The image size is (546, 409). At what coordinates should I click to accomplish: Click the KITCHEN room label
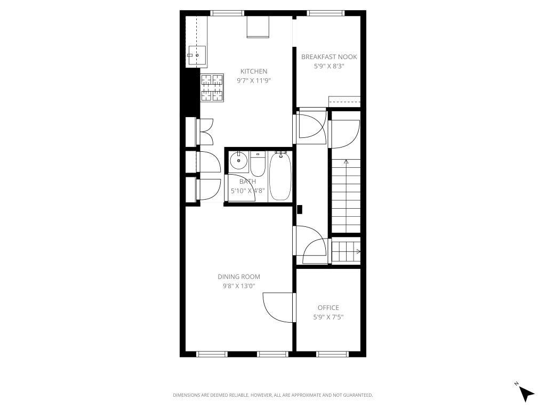pyautogui.click(x=253, y=71)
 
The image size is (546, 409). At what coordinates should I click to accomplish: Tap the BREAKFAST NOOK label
pyautogui.click(x=329, y=57)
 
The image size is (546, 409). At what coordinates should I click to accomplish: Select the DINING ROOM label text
pyautogui.click(x=239, y=276)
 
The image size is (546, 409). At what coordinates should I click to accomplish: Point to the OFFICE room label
pyautogui.click(x=328, y=308)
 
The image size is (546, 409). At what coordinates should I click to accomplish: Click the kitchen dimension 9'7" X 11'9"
pyautogui.click(x=253, y=81)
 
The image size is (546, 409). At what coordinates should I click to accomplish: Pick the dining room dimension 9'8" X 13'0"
pyautogui.click(x=239, y=286)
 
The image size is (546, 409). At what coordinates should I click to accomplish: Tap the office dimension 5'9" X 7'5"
pyautogui.click(x=328, y=317)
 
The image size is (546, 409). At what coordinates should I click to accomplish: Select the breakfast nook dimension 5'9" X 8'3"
pyautogui.click(x=329, y=67)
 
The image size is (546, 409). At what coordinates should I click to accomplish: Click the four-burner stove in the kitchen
pyautogui.click(x=212, y=87)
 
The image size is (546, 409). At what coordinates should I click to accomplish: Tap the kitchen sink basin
pyautogui.click(x=197, y=54)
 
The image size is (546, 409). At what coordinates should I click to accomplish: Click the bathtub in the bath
pyautogui.click(x=280, y=176)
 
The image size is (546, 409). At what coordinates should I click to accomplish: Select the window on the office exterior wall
pyautogui.click(x=332, y=354)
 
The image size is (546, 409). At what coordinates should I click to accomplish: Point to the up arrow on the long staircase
pyautogui.click(x=346, y=161)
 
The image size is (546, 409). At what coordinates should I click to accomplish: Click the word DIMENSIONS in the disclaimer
pyautogui.click(x=186, y=395)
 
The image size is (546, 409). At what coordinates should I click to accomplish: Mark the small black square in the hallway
pyautogui.click(x=300, y=210)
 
